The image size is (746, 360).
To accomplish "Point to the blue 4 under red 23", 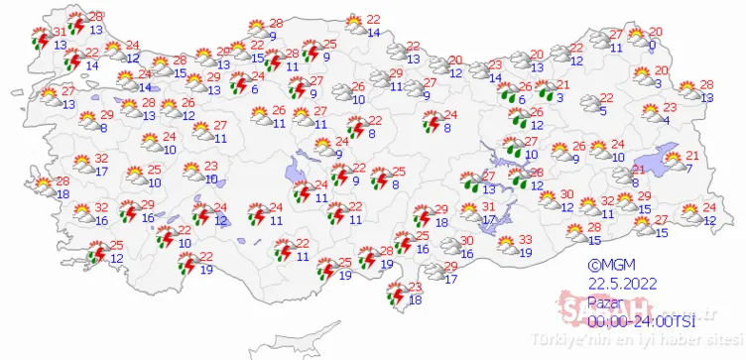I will click(667, 121).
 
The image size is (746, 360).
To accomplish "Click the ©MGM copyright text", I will click(603, 265).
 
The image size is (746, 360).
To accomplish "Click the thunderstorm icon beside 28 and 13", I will click(71, 22).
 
